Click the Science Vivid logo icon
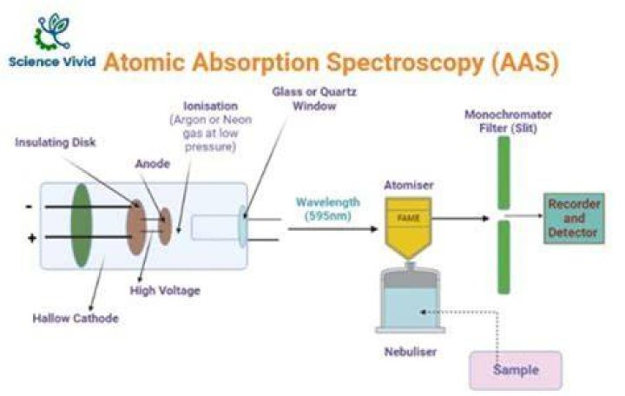pos(53,31)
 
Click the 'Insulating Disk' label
pos(56,142)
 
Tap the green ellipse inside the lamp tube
pos(82,225)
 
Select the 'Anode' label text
pos(153,163)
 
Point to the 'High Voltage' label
pos(165,290)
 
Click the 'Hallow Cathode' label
pos(76,318)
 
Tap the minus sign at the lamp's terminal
pos(29,207)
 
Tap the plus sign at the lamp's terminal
pos(32,238)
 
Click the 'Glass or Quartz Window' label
pos(314,99)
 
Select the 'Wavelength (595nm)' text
pos(328,209)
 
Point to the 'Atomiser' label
pos(409,185)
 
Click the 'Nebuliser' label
pos(411,352)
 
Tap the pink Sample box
pos(516,370)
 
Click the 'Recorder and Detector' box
pos(574,218)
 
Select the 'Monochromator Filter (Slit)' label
pos(508,122)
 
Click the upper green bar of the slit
pos(503,173)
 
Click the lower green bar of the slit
pos(503,257)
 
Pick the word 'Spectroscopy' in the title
pos(405,63)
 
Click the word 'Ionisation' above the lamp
pos(210,106)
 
